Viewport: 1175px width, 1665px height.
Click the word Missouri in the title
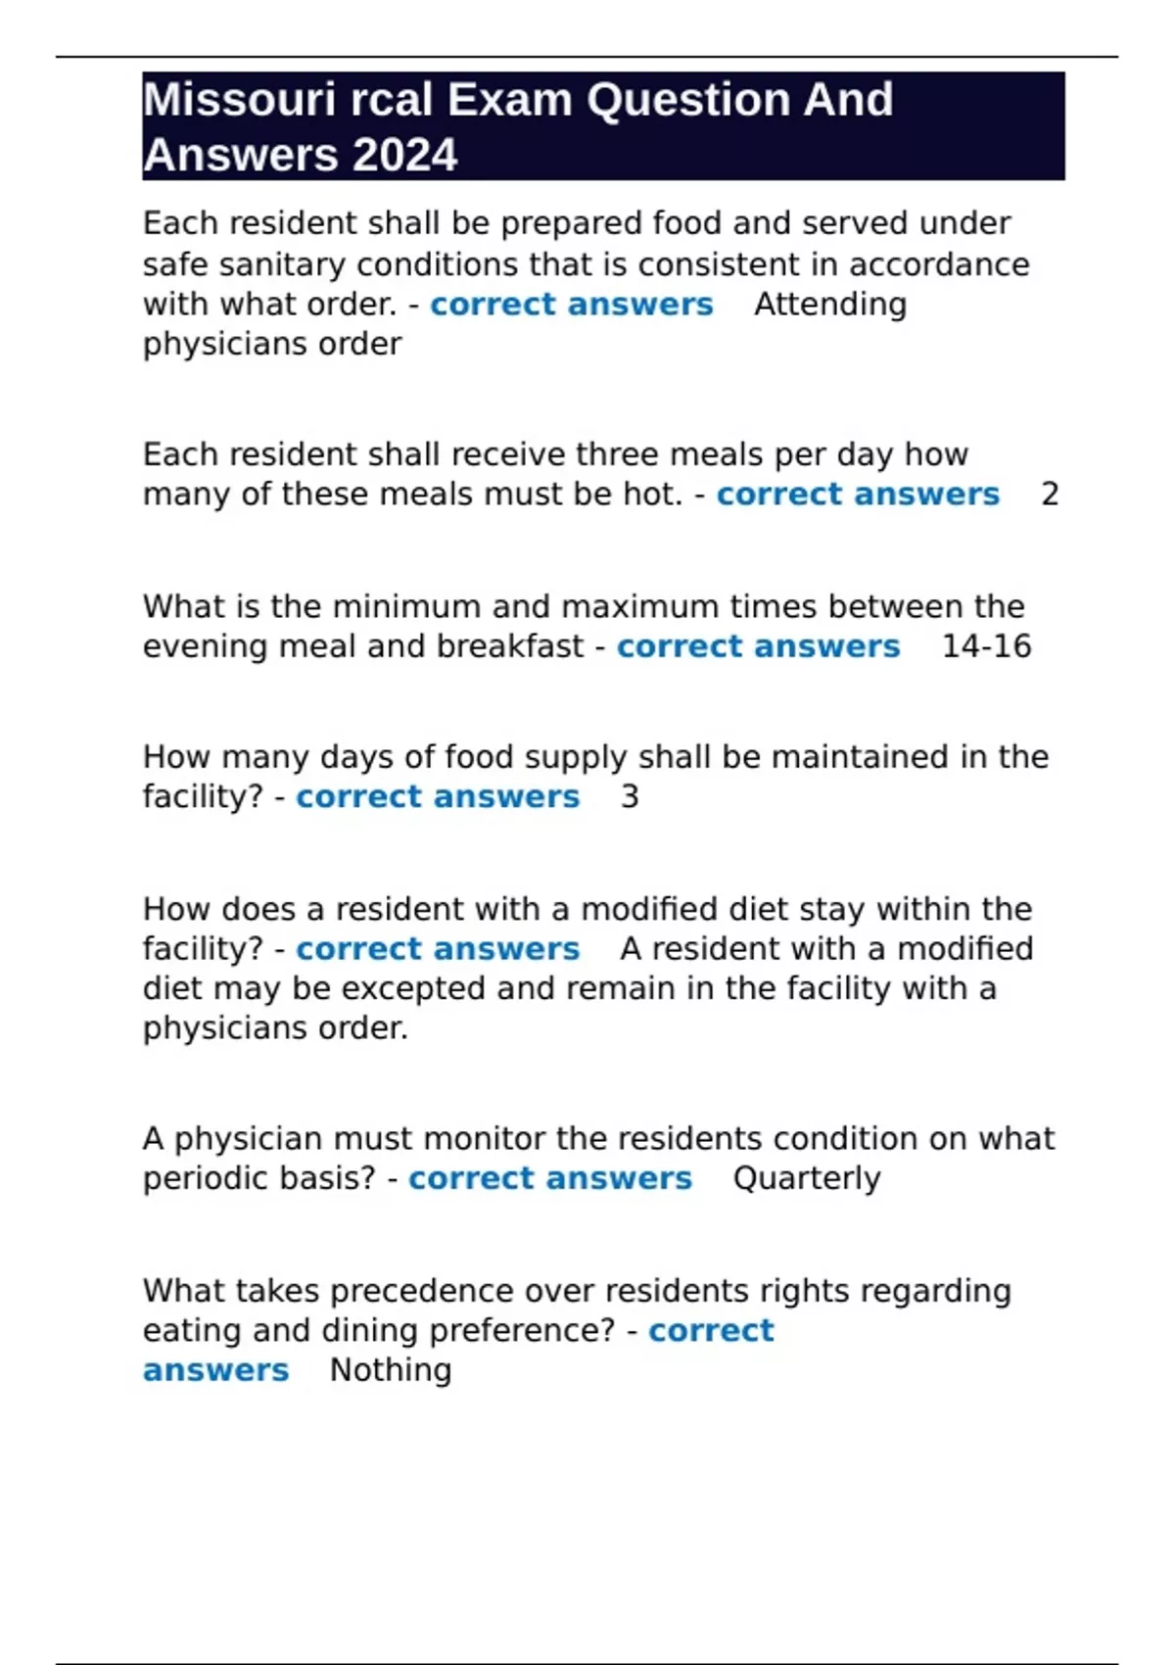[x=239, y=100]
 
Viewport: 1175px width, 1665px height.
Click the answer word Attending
[x=830, y=305]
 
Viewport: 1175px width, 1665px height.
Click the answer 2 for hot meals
[x=1050, y=495]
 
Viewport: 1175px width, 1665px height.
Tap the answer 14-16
[x=986, y=646]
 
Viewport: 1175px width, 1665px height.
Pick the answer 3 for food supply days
[x=630, y=797]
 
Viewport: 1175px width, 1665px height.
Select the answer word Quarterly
[x=807, y=1178]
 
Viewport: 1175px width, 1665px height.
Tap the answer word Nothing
[x=391, y=1370]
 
